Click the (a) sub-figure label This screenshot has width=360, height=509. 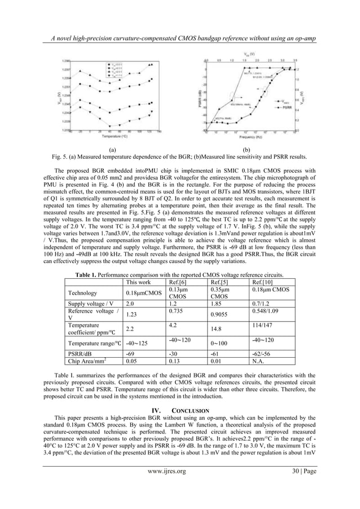coord(113,150)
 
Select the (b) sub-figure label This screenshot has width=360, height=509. coord(245,150)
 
